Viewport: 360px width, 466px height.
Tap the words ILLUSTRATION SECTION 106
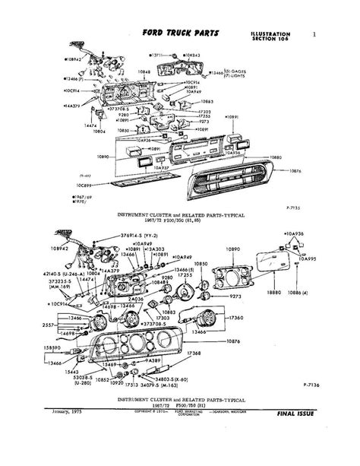coord(267,38)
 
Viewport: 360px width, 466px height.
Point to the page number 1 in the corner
coord(314,34)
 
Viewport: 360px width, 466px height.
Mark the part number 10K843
coord(192,55)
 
